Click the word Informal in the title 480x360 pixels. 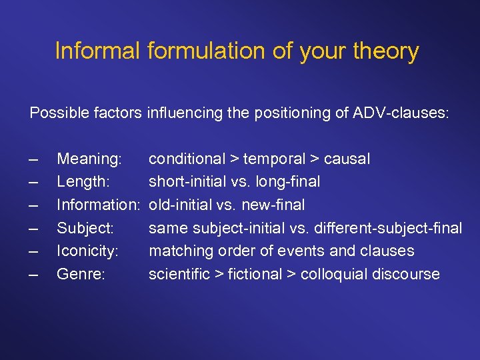[97, 51]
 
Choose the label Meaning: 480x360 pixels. [89, 159]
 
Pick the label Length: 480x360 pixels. [84, 181]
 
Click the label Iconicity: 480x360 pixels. [87, 251]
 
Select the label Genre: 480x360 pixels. [81, 274]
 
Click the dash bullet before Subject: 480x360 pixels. [34, 228]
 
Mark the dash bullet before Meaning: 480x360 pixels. [34, 159]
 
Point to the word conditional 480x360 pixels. [187, 159]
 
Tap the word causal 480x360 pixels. [348, 159]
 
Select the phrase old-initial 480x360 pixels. [179, 205]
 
